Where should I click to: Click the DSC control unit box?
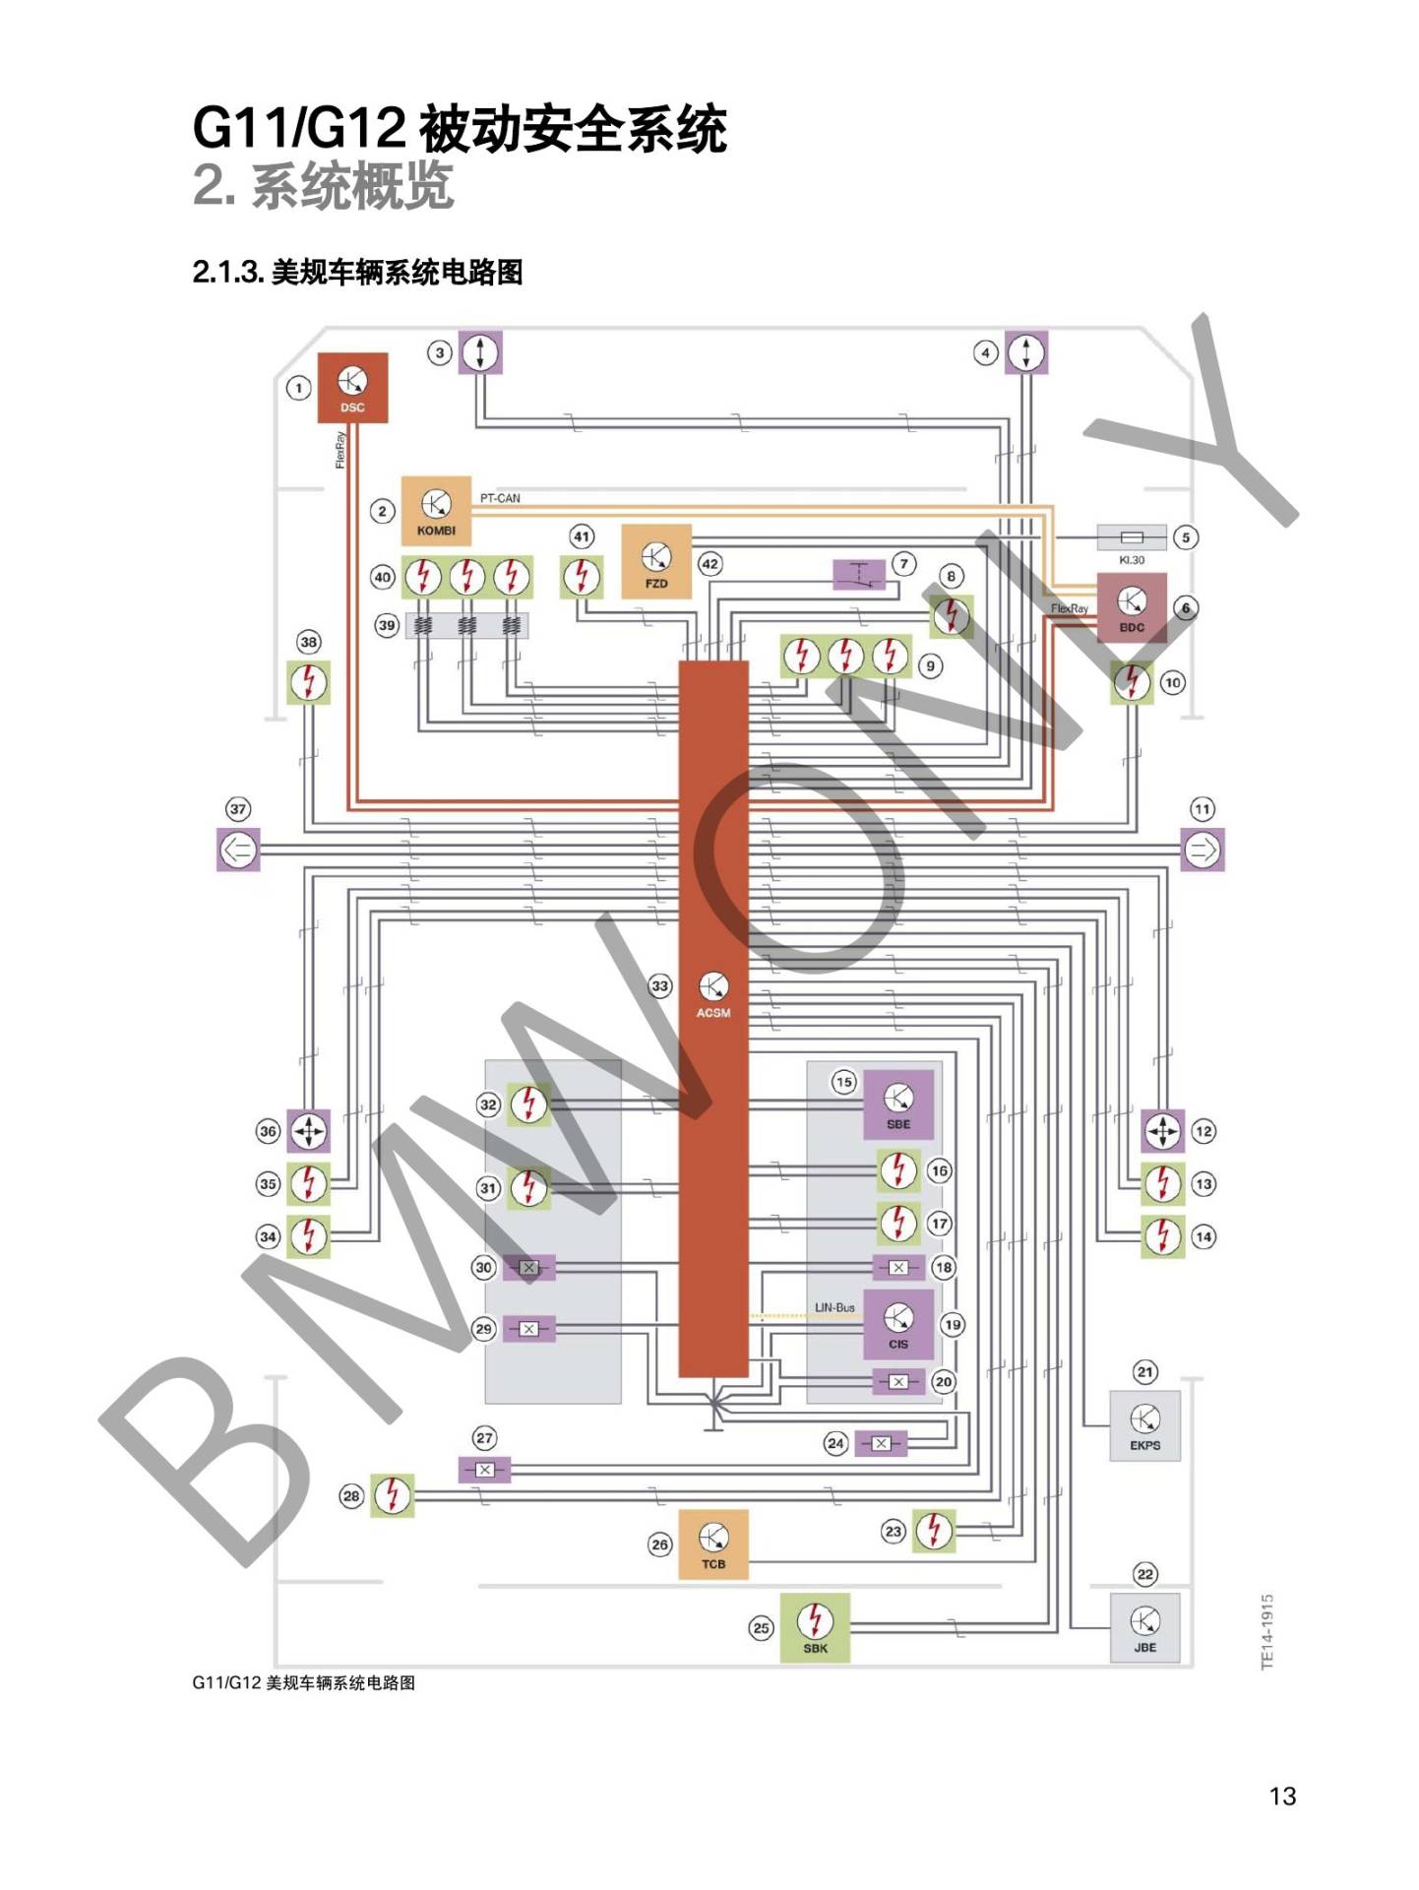352,388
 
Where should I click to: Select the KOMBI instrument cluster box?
436,511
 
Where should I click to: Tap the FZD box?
655,562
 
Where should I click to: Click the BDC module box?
1132,607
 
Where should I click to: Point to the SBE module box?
898,1104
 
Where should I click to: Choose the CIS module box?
898,1324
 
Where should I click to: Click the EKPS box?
1144,1426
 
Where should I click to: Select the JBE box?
1144,1628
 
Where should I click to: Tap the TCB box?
713,1544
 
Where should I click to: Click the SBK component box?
815,1628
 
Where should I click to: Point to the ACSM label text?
713,1013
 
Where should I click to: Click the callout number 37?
238,809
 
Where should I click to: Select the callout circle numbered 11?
1202,809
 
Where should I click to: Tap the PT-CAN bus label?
500,498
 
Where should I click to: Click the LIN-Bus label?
834,1307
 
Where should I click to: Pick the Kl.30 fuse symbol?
1132,537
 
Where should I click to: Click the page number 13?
1283,1796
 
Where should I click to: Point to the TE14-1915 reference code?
1267,1632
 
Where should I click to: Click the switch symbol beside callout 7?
859,575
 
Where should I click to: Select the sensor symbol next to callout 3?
480,352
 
